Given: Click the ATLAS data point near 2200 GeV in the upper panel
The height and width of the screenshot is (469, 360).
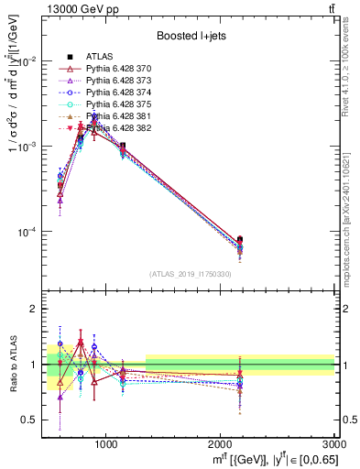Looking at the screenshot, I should [x=240, y=240].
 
